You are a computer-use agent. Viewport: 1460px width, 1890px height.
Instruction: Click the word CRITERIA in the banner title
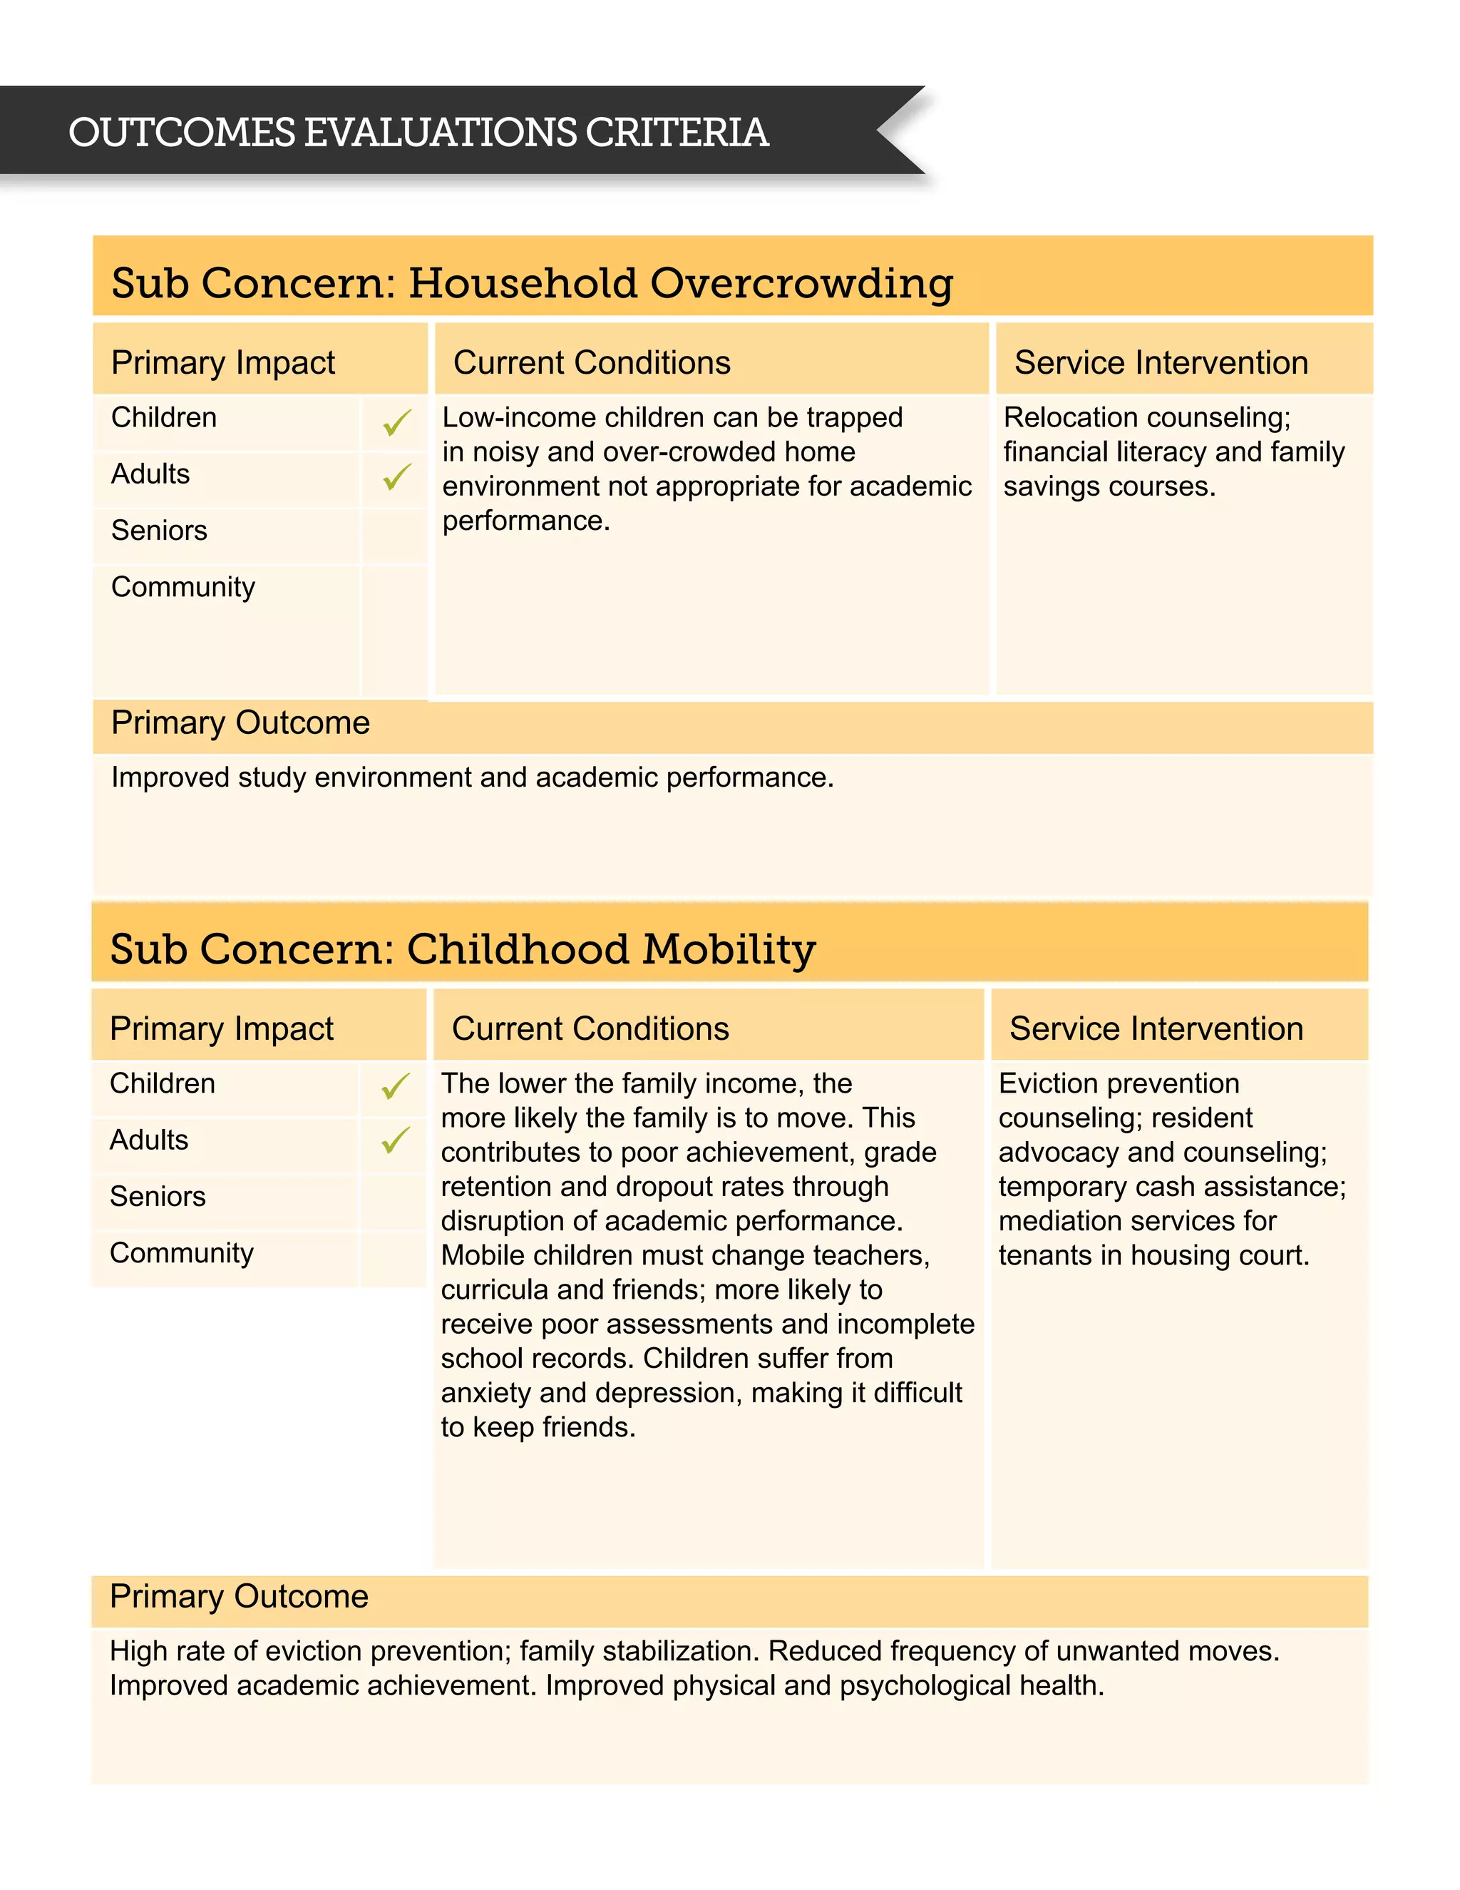(677, 133)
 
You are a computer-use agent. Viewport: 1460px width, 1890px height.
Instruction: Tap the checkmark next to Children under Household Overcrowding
(396, 422)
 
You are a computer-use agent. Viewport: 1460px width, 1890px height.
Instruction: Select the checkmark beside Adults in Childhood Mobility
(395, 1140)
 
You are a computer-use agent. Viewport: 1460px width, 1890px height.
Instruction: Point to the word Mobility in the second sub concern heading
(729, 949)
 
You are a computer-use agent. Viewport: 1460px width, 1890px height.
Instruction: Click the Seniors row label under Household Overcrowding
(159, 531)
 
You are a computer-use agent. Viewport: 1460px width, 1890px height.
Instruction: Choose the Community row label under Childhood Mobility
(182, 1253)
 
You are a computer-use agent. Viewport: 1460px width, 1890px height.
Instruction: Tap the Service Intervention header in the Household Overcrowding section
(1161, 362)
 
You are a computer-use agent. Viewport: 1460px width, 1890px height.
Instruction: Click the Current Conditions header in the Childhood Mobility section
(590, 1029)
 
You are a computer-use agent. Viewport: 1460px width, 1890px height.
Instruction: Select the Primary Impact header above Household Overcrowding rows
(223, 362)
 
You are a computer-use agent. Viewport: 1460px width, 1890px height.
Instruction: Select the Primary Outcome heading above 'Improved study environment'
(240, 722)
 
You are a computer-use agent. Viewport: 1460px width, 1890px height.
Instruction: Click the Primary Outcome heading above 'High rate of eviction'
(239, 1597)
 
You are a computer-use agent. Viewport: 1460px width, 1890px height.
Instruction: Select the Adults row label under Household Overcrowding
(150, 474)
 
